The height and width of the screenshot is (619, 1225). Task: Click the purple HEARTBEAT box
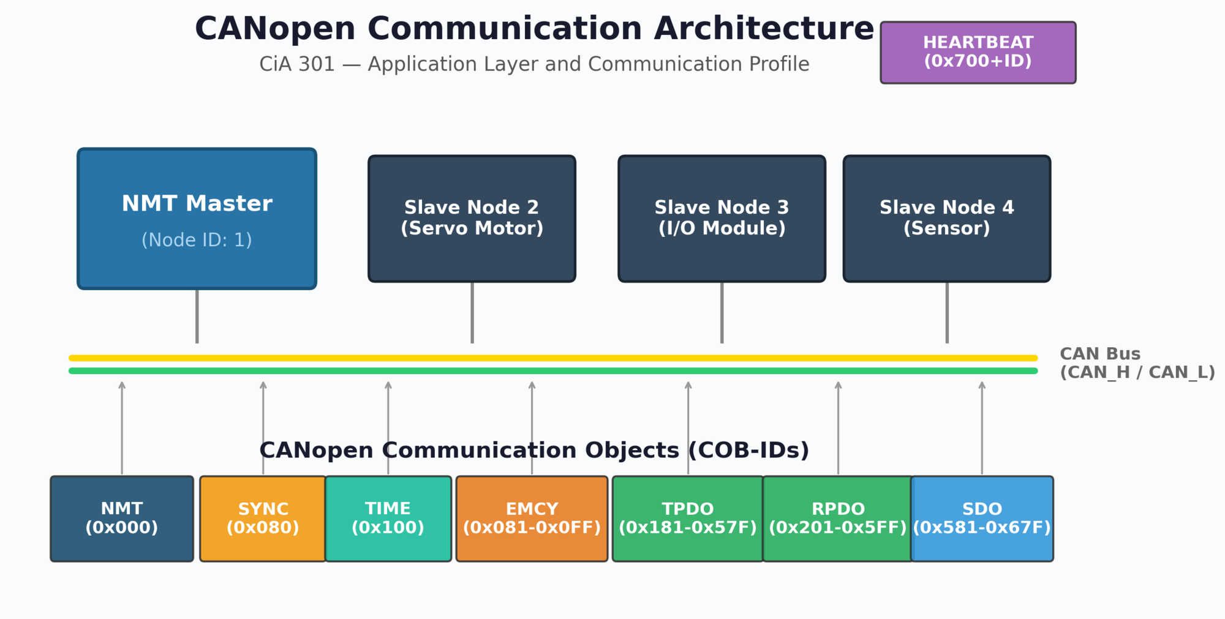[x=978, y=53]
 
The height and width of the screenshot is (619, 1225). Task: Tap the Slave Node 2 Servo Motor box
[x=472, y=219]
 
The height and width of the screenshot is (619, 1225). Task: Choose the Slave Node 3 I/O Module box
[x=722, y=219]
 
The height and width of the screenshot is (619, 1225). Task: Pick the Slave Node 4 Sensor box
[x=946, y=219]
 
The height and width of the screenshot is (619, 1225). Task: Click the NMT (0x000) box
[x=122, y=518]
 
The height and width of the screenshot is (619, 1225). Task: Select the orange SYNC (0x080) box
[x=263, y=518]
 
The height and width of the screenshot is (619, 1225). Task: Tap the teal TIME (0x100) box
[x=388, y=518]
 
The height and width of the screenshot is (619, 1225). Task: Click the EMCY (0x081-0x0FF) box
[x=532, y=518]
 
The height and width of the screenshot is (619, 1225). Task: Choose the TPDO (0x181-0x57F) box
[x=688, y=518]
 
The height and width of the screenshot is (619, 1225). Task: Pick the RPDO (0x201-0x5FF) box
[x=837, y=518]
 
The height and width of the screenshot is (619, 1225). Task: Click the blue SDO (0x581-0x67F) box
[x=982, y=518]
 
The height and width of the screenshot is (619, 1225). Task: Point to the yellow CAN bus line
[x=551, y=358]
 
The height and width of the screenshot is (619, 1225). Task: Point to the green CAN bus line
[x=551, y=371]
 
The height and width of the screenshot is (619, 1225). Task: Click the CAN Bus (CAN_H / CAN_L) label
[x=1136, y=363]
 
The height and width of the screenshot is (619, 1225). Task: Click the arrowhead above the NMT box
[x=122, y=385]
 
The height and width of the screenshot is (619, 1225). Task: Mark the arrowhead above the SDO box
[x=982, y=385]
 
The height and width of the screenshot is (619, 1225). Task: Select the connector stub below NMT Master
[x=197, y=315]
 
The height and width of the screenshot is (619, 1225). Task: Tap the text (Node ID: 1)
[x=197, y=240]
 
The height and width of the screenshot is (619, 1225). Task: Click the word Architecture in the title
[x=763, y=29]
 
